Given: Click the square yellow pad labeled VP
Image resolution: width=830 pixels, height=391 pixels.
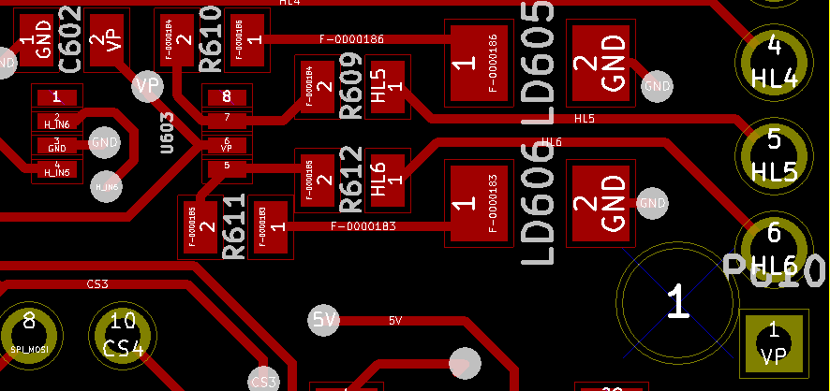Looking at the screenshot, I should [x=773, y=342].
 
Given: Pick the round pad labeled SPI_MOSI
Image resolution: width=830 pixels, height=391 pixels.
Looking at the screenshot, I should [x=29, y=335].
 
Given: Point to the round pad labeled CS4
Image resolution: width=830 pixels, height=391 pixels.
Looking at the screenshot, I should [x=123, y=335].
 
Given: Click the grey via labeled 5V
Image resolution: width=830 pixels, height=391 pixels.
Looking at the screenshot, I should [x=323, y=321].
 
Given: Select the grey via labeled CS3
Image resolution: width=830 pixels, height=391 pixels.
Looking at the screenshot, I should [x=264, y=381].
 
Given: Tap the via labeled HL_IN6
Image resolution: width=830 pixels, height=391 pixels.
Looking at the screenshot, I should [x=108, y=186].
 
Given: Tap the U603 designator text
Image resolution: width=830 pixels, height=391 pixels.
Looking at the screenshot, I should [x=168, y=137].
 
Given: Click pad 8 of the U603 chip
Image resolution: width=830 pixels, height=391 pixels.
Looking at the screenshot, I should [x=226, y=96].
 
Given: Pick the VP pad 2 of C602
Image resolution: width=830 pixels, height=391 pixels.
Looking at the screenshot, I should [x=106, y=40].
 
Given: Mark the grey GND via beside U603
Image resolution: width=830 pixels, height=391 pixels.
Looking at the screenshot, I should [x=103, y=142].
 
